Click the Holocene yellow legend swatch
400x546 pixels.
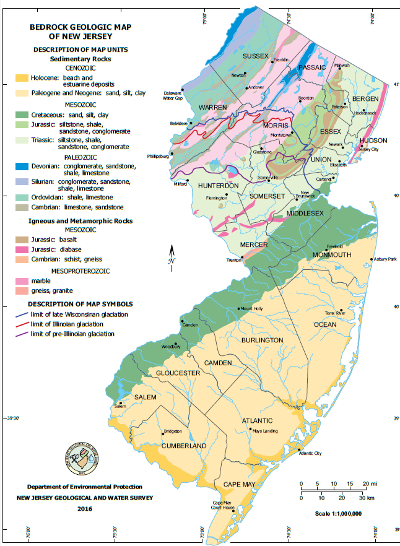22,79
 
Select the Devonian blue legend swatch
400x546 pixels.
22,167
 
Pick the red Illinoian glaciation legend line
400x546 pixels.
22,324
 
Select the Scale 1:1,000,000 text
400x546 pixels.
338,514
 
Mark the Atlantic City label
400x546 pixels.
310,453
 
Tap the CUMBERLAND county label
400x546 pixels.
184,446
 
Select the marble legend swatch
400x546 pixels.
22,280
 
